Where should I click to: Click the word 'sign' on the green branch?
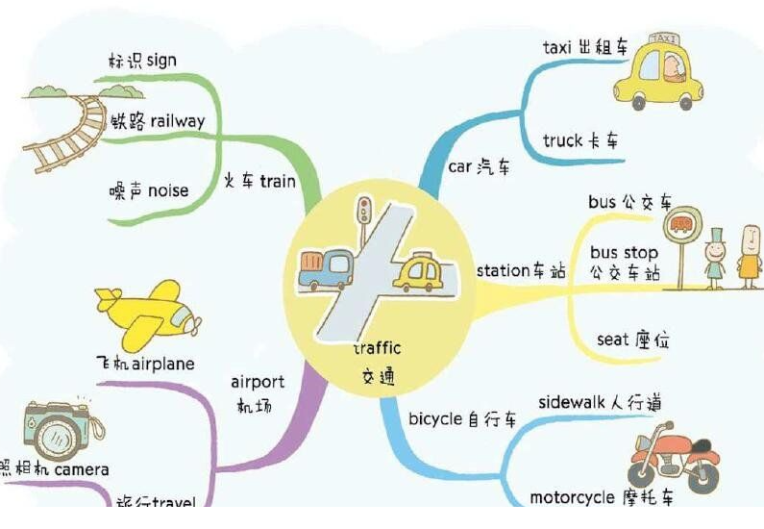pyautogui.click(x=161, y=61)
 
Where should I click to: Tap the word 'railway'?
pyautogui.click(x=178, y=121)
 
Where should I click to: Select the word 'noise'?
pyautogui.click(x=168, y=190)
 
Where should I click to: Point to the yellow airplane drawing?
pyautogui.click(x=148, y=314)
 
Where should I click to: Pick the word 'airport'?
pyautogui.click(x=258, y=382)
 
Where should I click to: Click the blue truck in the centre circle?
pyautogui.click(x=327, y=269)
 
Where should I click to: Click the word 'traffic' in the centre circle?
pyautogui.click(x=378, y=348)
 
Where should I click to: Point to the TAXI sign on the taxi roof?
pyautogui.click(x=664, y=39)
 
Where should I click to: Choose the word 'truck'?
pyautogui.click(x=563, y=140)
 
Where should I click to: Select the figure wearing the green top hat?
pyautogui.click(x=715, y=259)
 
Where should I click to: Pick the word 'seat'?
pyautogui.click(x=612, y=340)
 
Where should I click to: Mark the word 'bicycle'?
pyautogui.click(x=435, y=419)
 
